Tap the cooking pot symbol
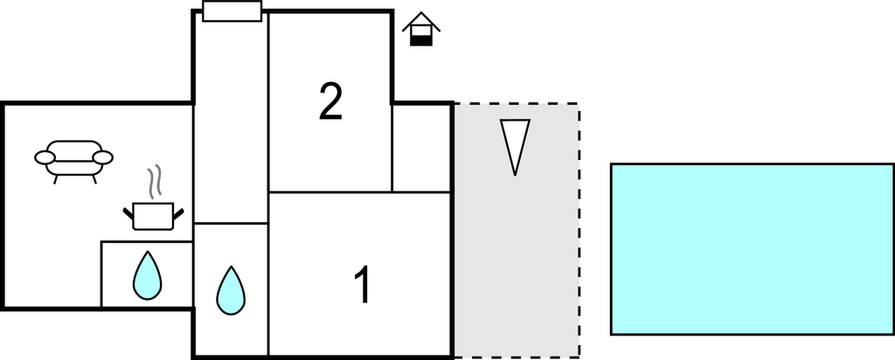(153, 216)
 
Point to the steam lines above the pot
(154, 181)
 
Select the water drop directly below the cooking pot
(147, 275)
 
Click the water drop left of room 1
(231, 290)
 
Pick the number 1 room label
(363, 285)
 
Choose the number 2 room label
(330, 101)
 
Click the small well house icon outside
(421, 29)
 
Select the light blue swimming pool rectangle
(753, 249)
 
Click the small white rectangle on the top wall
(232, 10)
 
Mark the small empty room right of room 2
(422, 148)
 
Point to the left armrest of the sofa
(45, 157)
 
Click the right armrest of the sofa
(103, 157)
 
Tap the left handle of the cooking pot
(128, 214)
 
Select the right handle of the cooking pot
(178, 214)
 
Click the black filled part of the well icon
(421, 40)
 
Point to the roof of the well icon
(421, 21)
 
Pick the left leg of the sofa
(56, 179)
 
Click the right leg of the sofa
(94, 179)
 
